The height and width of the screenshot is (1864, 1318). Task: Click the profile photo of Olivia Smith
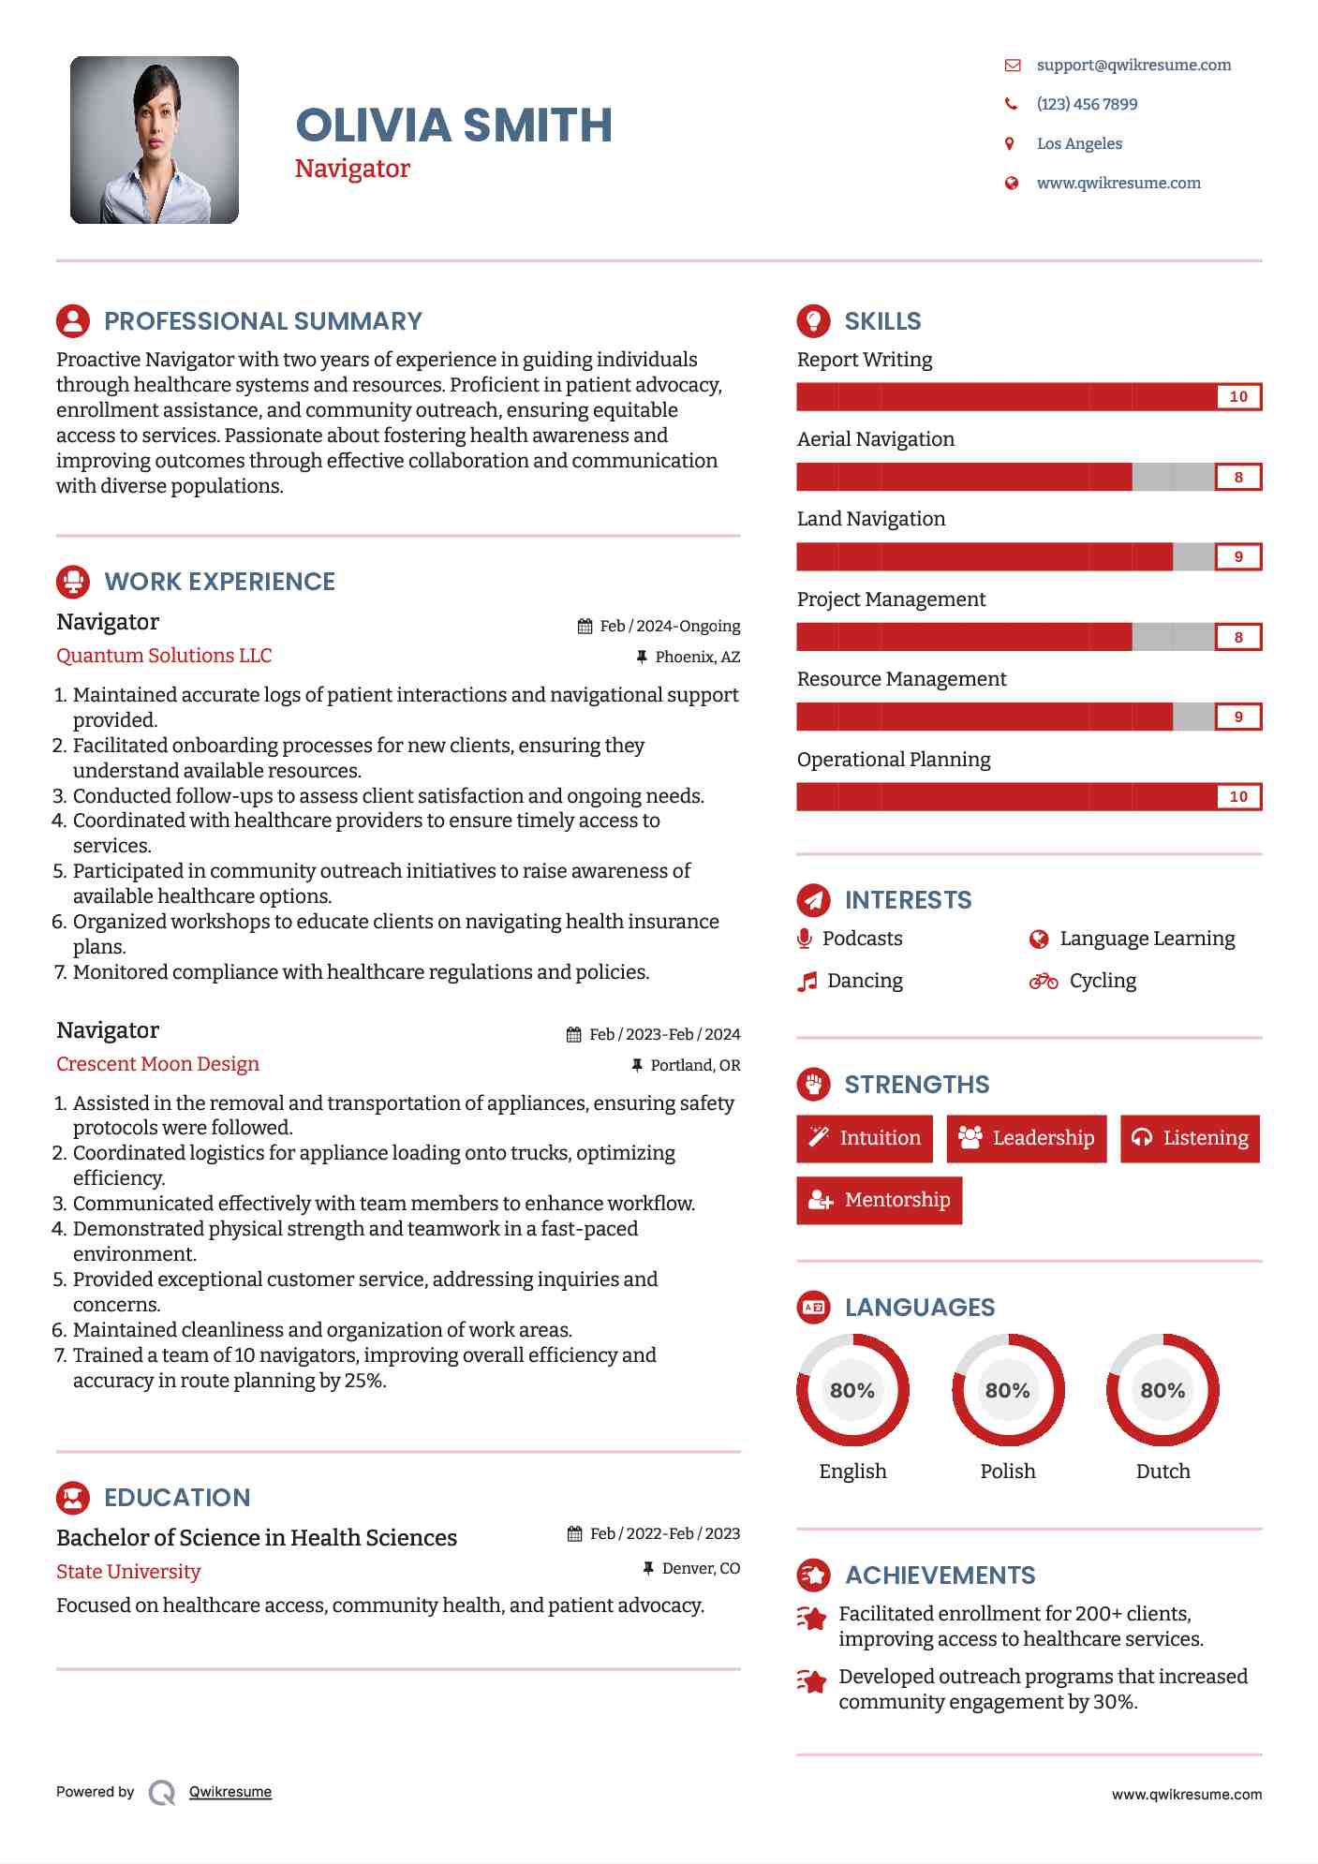click(155, 141)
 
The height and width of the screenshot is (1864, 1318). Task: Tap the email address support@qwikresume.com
click(1133, 65)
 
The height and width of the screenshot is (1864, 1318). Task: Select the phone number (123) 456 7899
click(1087, 104)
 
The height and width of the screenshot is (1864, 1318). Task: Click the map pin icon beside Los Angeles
click(1010, 143)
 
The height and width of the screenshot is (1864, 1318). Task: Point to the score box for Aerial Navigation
click(1237, 477)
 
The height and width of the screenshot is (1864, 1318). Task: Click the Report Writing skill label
click(864, 360)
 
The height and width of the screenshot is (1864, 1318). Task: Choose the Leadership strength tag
click(1027, 1138)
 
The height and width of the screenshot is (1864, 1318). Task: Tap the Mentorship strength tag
click(879, 1200)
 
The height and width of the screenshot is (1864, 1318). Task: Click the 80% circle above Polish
click(1008, 1390)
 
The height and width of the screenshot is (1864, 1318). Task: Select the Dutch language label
click(1163, 1471)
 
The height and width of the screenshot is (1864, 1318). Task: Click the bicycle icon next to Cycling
click(1044, 981)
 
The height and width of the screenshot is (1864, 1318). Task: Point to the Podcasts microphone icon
click(805, 939)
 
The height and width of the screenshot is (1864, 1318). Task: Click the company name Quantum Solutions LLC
click(164, 656)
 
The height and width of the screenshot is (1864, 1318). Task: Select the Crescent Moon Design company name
click(157, 1064)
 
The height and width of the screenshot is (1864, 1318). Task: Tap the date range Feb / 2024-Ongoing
click(669, 626)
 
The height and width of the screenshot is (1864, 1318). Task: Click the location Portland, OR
click(695, 1065)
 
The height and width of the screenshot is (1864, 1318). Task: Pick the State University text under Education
click(128, 1572)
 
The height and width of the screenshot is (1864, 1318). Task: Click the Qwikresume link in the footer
click(230, 1792)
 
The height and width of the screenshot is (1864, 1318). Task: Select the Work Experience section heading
click(219, 582)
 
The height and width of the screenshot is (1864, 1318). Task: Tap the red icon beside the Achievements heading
click(813, 1576)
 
